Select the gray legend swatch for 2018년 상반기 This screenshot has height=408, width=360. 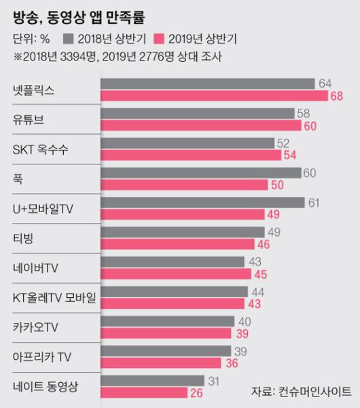67,38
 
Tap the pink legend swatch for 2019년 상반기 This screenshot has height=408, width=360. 161,38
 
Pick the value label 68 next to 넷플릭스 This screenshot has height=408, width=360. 337,96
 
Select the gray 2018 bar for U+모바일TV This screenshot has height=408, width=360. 202,203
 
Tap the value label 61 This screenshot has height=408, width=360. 314,203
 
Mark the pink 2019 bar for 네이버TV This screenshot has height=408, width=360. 174,275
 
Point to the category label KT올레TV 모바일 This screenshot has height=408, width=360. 54,298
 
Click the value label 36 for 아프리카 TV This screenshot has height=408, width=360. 232,364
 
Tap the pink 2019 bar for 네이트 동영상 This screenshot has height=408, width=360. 144,394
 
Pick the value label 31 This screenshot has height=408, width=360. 215,381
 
